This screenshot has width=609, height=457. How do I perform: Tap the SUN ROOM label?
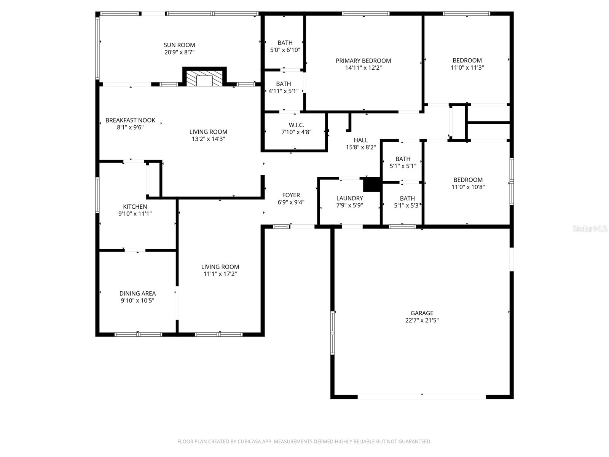tap(179, 45)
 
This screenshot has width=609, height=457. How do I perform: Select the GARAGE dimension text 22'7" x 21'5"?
tap(422, 320)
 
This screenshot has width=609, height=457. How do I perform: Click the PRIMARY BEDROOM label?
tap(363, 61)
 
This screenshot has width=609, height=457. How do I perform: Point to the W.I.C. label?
tap(296, 125)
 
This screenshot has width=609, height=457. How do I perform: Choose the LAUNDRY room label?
tap(349, 198)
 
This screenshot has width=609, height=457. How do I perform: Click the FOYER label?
tap(291, 195)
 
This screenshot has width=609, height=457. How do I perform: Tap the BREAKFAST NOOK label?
tap(130, 120)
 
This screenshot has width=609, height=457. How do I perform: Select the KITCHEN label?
tap(135, 206)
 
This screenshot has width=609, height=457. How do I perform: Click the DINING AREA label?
tap(137, 293)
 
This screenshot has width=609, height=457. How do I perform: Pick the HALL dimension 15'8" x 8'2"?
tap(360, 147)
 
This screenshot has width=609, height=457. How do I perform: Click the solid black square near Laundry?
tap(372, 185)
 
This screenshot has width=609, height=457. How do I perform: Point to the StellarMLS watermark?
tap(590, 229)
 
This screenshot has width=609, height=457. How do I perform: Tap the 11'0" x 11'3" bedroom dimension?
tap(467, 67)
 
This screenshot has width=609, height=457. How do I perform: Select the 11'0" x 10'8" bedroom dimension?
tap(468, 187)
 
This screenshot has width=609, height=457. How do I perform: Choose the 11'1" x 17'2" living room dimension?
tap(220, 274)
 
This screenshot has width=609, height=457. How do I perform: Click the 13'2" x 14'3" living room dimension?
tap(208, 139)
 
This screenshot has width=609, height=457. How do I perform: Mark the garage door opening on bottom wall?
tap(421, 397)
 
